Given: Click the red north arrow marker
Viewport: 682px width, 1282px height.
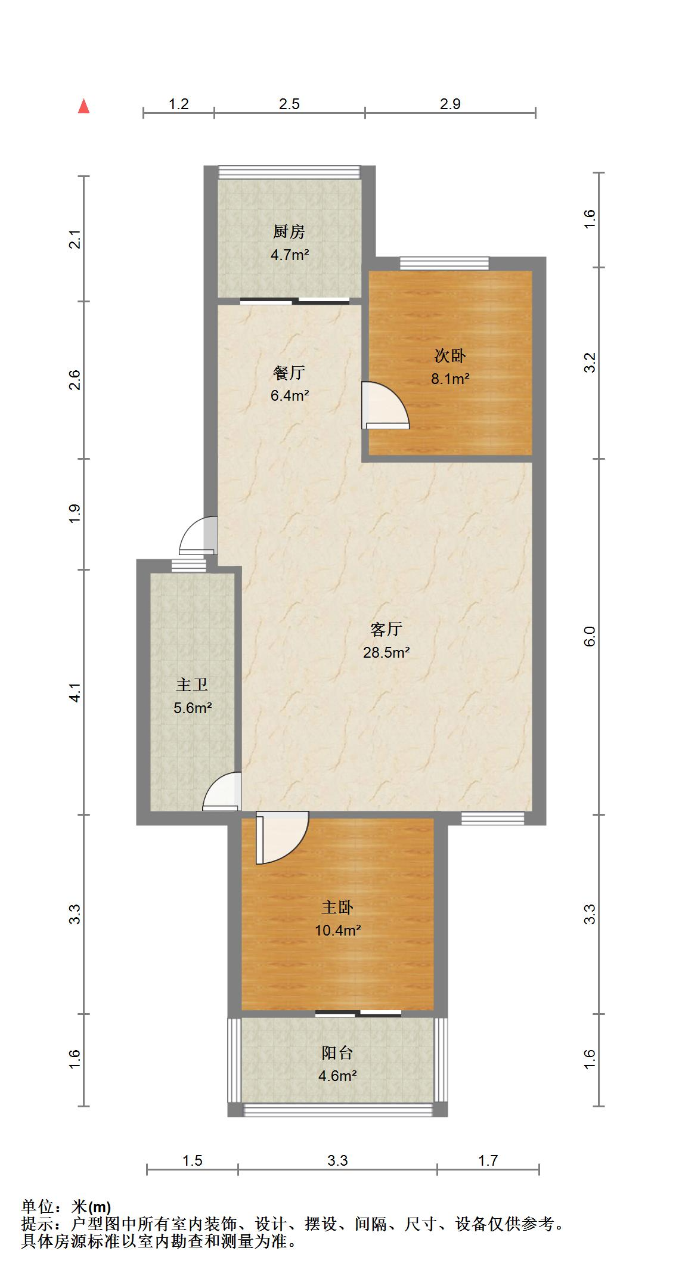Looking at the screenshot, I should [84, 106].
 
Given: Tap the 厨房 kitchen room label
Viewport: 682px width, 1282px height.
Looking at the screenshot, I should [289, 231].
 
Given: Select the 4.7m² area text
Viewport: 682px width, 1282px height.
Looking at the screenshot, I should [290, 255].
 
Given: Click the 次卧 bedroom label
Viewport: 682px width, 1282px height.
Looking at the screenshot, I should [450, 356].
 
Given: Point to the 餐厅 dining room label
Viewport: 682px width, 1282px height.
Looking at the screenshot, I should [289, 373].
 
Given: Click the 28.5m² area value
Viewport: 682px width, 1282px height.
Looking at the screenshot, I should [386, 652].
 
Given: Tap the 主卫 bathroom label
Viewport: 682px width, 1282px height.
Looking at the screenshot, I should [192, 685].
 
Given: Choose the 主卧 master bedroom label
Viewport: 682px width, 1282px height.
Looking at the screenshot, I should [337, 907].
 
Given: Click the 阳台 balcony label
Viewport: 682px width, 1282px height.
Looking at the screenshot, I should [337, 1053].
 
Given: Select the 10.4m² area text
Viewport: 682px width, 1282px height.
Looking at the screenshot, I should [338, 930].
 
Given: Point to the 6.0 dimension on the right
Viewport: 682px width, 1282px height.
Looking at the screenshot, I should [590, 636].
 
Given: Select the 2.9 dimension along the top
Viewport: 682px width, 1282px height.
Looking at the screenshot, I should [450, 104].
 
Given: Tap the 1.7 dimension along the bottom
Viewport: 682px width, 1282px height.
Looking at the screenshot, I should [488, 1160].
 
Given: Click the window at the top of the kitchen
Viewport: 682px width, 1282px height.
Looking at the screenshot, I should [290, 172].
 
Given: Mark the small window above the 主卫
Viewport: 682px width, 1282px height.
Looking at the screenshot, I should [188, 565].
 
